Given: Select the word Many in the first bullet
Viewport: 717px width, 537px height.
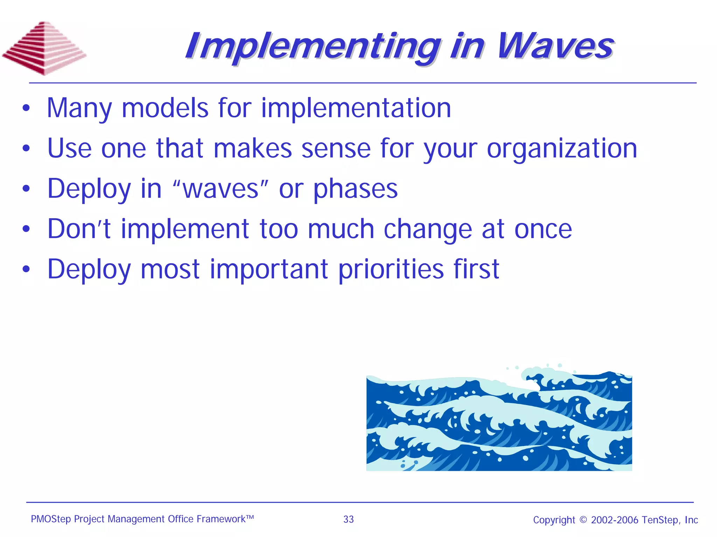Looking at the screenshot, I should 79,109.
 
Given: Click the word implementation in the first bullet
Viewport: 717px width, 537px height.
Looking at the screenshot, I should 356,108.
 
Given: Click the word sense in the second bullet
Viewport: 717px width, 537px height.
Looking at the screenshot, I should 336,148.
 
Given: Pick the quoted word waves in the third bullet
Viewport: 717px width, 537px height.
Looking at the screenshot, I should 221,189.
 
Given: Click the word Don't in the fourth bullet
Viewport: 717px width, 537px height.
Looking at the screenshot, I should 79,229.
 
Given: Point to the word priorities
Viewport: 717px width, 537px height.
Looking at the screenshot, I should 391,270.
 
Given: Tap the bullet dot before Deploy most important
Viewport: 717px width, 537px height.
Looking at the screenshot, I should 26,269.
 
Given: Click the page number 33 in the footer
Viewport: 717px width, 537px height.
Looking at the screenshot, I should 348,519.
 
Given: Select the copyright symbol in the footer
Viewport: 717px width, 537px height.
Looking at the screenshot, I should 583,519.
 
